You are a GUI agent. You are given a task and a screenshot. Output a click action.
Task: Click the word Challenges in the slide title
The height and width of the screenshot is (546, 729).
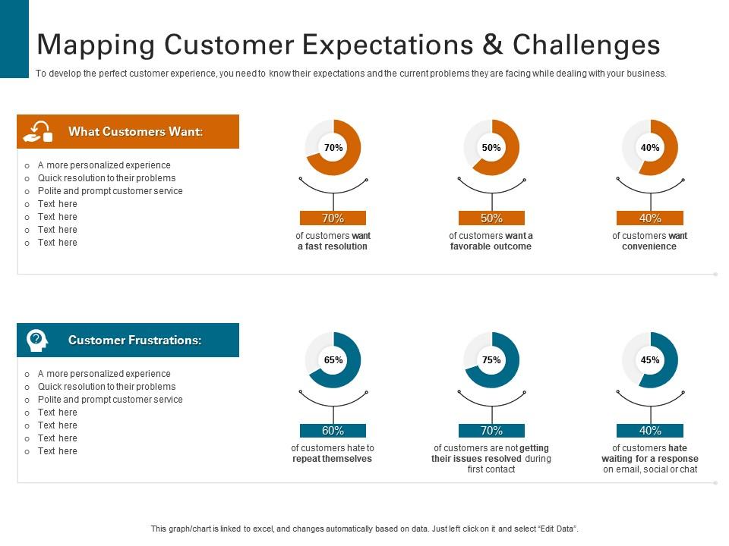point(586,45)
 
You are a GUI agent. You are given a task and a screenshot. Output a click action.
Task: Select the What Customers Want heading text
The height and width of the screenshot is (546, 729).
point(136,132)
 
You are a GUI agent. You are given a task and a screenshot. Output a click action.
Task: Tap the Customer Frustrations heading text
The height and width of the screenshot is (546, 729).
point(135,340)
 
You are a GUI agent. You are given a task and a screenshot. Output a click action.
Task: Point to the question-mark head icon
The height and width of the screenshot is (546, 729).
point(36,340)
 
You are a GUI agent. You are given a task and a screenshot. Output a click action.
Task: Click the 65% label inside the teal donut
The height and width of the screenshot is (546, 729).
point(333,360)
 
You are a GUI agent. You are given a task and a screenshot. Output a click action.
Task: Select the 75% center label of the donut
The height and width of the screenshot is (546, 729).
point(491,360)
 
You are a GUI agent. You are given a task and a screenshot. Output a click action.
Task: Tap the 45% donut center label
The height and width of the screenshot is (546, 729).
point(650,360)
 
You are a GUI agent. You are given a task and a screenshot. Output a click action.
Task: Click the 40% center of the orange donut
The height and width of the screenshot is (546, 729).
point(650,148)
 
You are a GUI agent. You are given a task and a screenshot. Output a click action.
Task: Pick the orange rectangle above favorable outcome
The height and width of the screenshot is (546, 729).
point(491,218)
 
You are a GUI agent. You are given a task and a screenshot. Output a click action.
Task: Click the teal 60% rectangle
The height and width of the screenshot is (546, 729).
point(333,431)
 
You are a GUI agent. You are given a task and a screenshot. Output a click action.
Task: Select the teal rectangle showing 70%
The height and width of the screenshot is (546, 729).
point(491,431)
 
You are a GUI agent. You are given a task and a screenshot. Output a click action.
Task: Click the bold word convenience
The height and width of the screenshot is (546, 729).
point(649,246)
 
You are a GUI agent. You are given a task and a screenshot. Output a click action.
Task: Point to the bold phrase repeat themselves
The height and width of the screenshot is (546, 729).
point(333,459)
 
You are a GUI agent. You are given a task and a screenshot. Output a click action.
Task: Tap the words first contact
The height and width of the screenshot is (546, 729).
point(491,469)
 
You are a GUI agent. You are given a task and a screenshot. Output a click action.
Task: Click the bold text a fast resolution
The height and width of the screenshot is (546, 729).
point(333,246)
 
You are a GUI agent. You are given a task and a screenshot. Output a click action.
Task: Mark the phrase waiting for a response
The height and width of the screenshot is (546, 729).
point(650,459)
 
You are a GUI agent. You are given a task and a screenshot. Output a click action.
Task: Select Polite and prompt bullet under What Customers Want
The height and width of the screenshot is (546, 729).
point(110,191)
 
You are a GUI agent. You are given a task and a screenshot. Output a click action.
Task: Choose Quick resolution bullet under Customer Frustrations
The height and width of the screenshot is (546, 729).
point(106,387)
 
